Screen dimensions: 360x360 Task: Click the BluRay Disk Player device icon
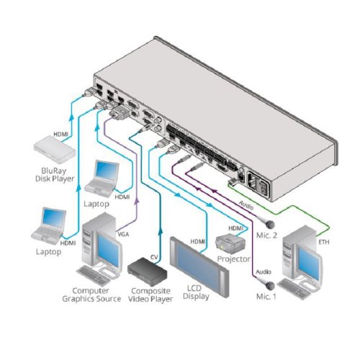pos(55,149)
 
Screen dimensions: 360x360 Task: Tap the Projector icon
pos(230,244)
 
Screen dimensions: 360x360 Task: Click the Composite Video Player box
pos(147,271)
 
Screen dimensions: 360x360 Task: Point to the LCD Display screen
pos(199,266)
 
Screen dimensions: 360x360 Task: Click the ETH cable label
pos(324,242)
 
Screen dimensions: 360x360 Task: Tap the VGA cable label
pos(123,234)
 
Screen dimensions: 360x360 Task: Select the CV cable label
pos(154,257)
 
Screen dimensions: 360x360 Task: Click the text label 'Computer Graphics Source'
pos(91,294)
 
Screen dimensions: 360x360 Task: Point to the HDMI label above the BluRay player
pos(61,135)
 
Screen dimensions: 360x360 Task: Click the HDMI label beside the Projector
pos(235,228)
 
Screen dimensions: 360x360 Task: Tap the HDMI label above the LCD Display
pos(198,242)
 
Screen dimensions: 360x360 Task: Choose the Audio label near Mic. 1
pos(264,272)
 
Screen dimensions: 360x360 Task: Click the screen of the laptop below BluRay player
pos(54,218)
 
